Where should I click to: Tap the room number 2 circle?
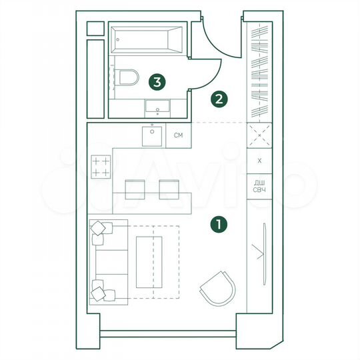pos(218,100)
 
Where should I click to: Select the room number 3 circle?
pos(157,82)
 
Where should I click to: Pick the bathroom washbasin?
pos(158,105)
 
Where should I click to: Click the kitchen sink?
pos(153,136)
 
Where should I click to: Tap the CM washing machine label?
pos(178,136)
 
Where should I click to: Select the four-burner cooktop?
pos(101,167)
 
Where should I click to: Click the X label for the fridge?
pos(259,161)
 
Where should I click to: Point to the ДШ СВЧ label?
pos(259,187)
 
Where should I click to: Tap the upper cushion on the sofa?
pos(99,229)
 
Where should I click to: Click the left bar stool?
pos(135,189)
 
